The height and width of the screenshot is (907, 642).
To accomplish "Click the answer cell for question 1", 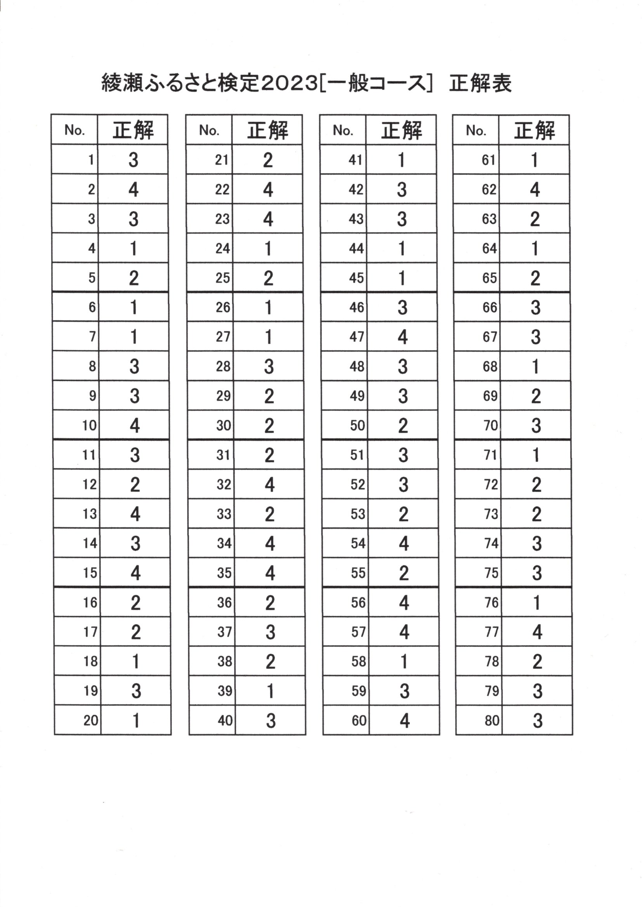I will click(x=133, y=160).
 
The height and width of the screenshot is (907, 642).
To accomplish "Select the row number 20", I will click(x=90, y=720).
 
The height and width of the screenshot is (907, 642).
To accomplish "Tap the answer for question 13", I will click(x=135, y=514).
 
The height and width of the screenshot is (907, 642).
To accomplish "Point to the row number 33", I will click(x=224, y=514).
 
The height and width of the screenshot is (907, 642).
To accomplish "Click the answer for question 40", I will click(x=271, y=720).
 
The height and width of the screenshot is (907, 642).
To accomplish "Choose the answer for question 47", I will click(x=403, y=337).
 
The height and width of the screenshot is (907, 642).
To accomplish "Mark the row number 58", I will click(x=359, y=661).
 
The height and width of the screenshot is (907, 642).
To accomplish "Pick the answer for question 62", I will click(x=534, y=190).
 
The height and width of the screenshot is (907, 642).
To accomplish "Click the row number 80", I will click(x=492, y=720).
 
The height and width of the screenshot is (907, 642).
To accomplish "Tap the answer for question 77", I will click(x=537, y=632).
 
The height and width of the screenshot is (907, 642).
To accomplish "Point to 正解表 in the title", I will click(x=480, y=83).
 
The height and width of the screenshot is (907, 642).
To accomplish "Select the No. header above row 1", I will click(x=75, y=130).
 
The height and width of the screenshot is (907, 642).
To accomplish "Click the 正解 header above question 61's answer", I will click(x=534, y=130).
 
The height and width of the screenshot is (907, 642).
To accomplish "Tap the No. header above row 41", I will click(x=343, y=130).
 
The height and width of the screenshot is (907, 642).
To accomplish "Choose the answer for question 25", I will click(x=268, y=279).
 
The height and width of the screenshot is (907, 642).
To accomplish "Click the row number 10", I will click(x=90, y=426).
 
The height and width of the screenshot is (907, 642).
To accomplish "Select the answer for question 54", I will click(x=403, y=544).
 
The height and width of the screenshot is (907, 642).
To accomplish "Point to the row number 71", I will click(x=490, y=455).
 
